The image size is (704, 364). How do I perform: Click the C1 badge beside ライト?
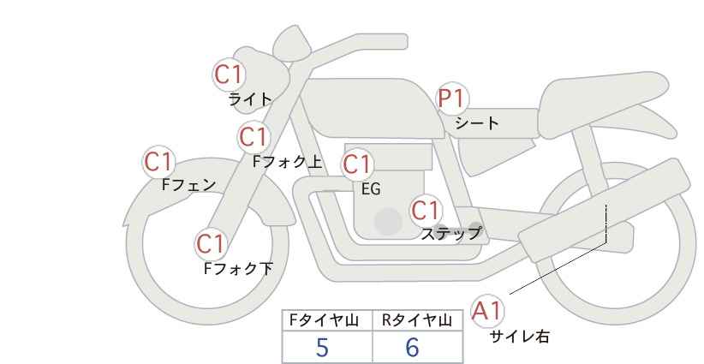pyautogui.click(x=230, y=74)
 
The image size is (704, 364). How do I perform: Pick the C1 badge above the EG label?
pyautogui.click(x=358, y=164)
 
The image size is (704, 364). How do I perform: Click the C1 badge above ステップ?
pyautogui.click(x=426, y=210)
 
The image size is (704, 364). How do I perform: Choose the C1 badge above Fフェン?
pyautogui.click(x=158, y=161)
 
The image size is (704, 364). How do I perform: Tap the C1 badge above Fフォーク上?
pyautogui.click(x=254, y=136)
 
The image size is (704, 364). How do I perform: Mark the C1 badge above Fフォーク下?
pyautogui.click(x=211, y=244)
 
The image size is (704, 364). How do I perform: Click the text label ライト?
pyautogui.click(x=250, y=99)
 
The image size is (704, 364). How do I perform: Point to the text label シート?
pyautogui.click(x=477, y=123)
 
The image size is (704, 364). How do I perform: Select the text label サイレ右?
pyautogui.click(x=519, y=337)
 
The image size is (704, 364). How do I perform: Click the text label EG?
pyautogui.click(x=371, y=190)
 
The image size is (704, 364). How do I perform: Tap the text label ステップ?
pyautogui.click(x=450, y=233)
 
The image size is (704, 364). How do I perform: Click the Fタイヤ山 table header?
pyautogui.click(x=327, y=320)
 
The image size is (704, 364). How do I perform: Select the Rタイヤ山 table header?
pyautogui.click(x=417, y=320)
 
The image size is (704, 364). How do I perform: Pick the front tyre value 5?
pyautogui.click(x=322, y=347)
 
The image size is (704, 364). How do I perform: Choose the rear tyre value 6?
pyautogui.click(x=412, y=347)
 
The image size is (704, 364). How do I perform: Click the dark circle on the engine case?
pyautogui.click(x=388, y=221)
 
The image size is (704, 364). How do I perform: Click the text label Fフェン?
pyautogui.click(x=189, y=184)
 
